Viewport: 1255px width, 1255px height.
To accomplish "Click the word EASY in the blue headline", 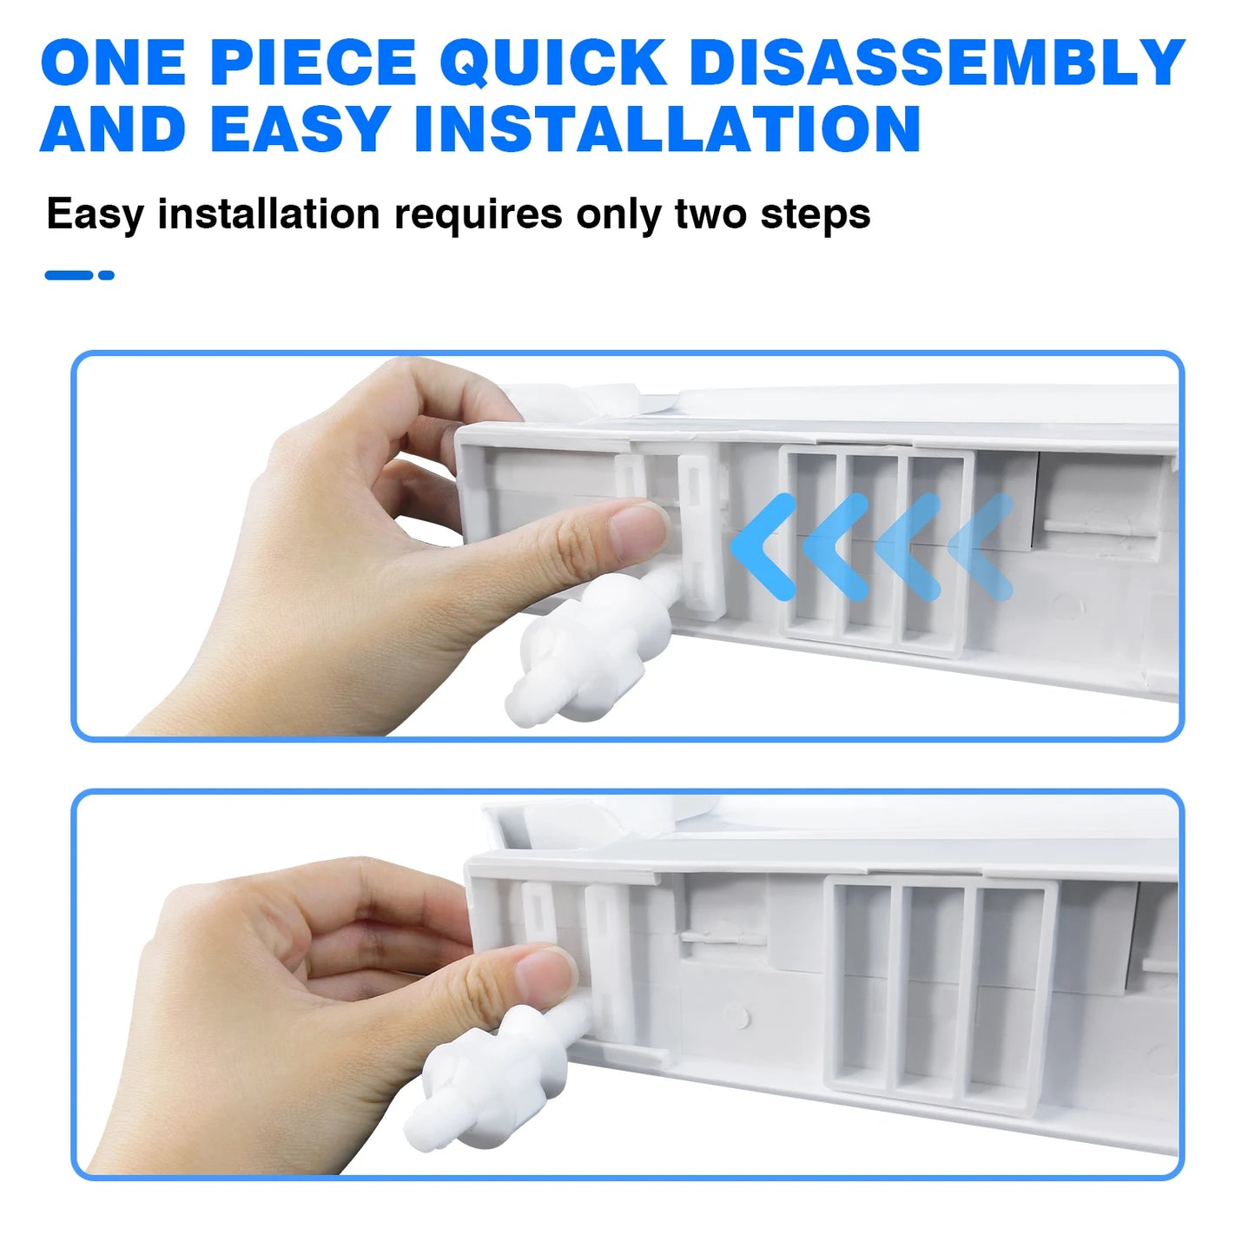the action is coord(301,129).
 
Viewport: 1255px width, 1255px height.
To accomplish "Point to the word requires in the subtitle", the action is coord(479,215).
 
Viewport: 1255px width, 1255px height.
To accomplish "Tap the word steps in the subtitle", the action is coord(816,215).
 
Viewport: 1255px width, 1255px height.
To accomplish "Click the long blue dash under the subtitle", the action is coord(69,274).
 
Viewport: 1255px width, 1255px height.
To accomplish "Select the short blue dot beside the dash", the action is coord(106,274).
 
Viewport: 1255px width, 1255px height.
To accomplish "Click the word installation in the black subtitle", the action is coord(268,214).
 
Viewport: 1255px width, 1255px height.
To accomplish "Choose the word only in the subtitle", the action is coord(618,215).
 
